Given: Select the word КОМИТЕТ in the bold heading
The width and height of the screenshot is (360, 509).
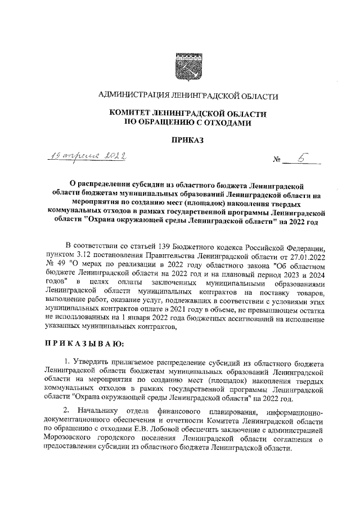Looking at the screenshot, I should point(130,114).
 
